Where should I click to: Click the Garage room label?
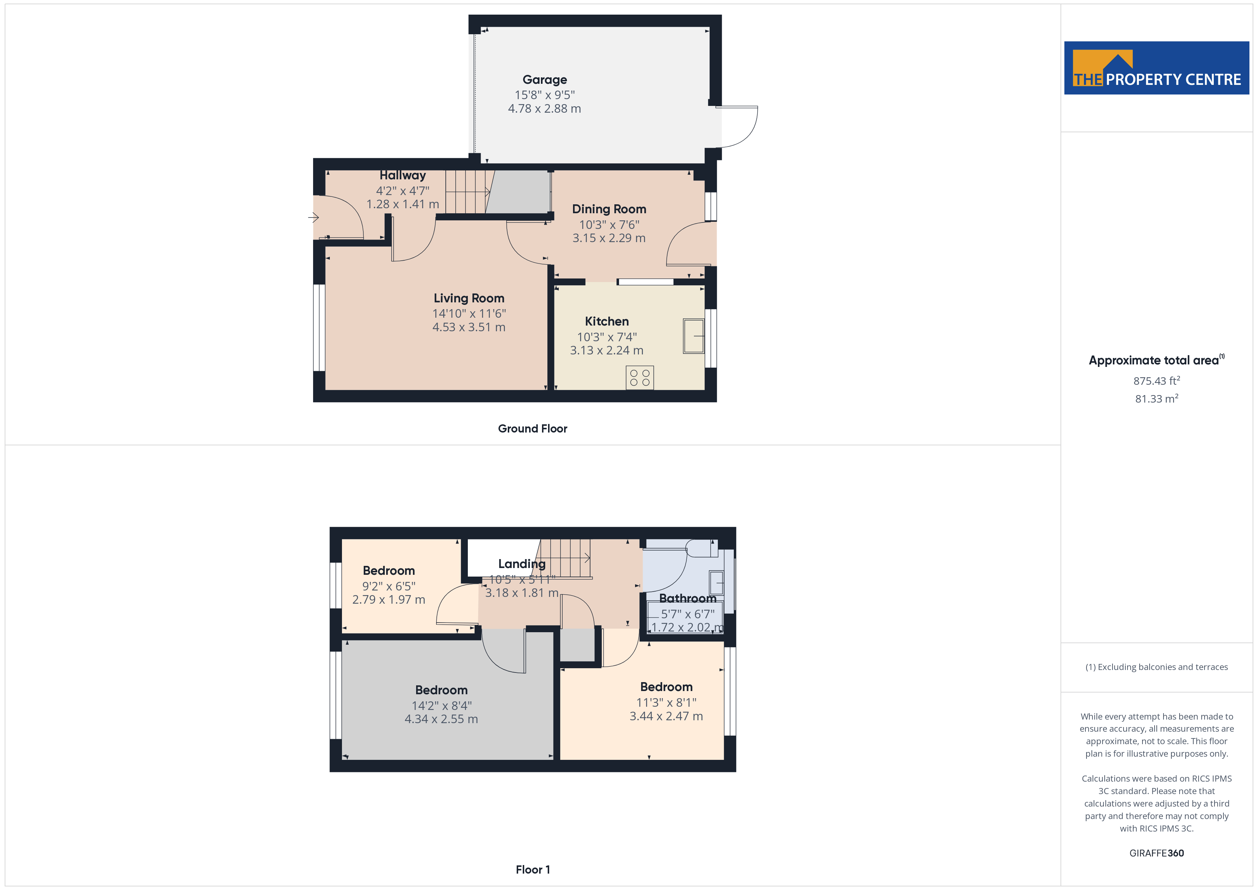point(544,80)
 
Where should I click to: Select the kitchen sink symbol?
point(693,336)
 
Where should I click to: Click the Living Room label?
point(469,298)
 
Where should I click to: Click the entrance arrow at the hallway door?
point(313,218)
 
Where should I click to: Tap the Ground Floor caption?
point(532,429)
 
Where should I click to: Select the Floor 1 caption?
point(533,869)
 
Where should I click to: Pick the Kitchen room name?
point(607,322)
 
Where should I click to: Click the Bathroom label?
point(687,598)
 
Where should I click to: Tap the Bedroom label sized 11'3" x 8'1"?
point(666,687)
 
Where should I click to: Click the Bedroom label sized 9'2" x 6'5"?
point(388,571)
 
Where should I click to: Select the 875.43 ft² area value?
point(1156,381)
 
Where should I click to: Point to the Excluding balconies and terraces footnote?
point(1156,667)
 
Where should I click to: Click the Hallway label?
point(402,175)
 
